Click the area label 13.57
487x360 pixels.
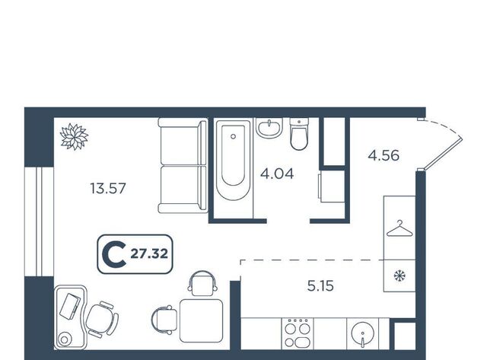point(108,189)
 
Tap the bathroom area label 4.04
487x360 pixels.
point(277,174)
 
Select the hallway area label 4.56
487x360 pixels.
point(384,155)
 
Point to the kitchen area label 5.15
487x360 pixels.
point(320,285)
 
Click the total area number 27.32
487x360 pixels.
point(149,253)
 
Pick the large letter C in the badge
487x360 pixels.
point(114,254)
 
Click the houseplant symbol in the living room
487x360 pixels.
point(75,137)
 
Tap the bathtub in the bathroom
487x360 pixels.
point(233,160)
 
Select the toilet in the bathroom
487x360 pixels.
point(299,134)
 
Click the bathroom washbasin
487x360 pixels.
point(269,127)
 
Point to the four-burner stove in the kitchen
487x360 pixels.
point(298,333)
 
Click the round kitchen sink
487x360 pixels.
point(362,333)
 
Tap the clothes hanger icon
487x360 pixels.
point(399,228)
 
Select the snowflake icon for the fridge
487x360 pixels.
point(399,276)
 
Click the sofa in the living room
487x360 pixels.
point(183,165)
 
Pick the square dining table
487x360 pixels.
point(201,321)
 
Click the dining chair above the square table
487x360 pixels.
point(202,283)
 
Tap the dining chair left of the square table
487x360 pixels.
point(164,320)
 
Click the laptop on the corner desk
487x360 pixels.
point(70,306)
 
